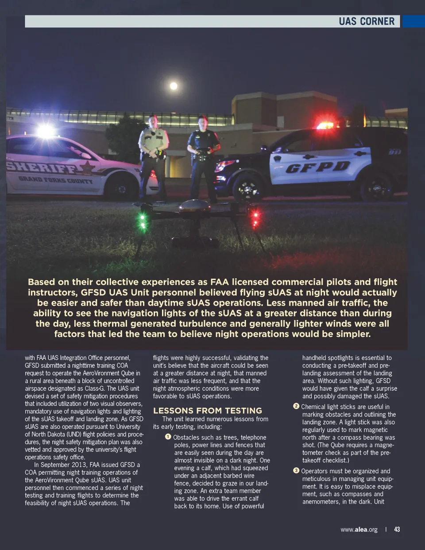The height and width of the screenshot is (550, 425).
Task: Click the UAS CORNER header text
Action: coord(366,21)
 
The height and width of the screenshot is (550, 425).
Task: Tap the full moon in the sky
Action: coord(174,85)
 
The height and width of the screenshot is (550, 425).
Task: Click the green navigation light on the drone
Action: coord(143,217)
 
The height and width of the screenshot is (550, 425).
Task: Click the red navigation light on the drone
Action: coord(255,217)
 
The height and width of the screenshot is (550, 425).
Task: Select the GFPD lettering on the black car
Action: coord(318,167)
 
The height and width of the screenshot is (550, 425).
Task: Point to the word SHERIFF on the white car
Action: coord(42,167)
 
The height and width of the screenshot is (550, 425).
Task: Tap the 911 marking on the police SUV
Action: coord(394,152)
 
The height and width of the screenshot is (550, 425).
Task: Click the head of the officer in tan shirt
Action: coord(153,121)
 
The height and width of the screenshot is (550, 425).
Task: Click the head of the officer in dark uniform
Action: coord(203,122)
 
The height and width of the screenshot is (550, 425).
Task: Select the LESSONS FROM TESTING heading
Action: coord(208,411)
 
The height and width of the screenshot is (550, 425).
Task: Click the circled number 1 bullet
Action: coord(168,437)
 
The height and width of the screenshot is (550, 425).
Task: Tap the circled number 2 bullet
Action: coord(296,406)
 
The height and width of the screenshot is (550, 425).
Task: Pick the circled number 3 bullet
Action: coord(296,470)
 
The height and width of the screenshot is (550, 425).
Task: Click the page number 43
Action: coord(397,529)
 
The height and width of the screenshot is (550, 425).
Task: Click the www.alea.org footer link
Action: coord(359,529)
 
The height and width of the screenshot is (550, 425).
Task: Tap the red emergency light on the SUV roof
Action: coord(325,125)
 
